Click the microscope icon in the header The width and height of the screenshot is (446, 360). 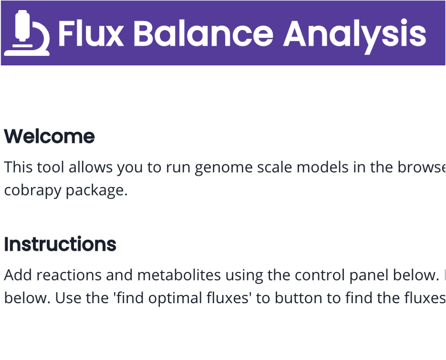(x=26, y=33)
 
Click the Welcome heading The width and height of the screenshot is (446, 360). (x=49, y=136)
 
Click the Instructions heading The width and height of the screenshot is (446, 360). (x=60, y=244)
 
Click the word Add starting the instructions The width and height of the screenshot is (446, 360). (x=17, y=275)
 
